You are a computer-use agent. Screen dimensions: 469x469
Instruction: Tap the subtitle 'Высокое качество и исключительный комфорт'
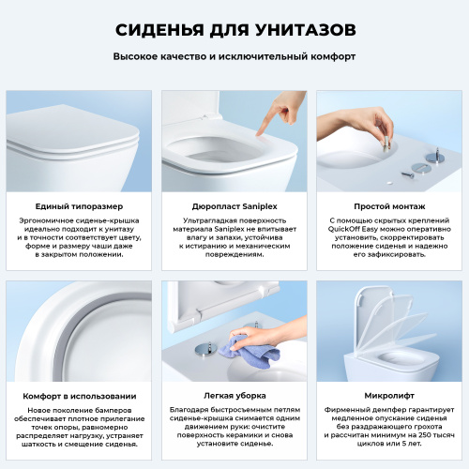click(234, 56)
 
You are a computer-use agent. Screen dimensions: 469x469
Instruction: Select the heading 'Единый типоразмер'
click(79, 205)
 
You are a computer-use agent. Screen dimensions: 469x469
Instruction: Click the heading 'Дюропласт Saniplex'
click(234, 205)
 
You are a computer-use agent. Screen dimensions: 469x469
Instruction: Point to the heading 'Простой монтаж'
click(389, 205)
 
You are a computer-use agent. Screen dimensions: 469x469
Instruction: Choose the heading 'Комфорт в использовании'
click(79, 396)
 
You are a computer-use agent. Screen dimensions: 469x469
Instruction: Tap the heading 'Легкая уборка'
click(234, 396)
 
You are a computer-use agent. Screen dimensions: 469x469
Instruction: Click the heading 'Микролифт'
click(389, 396)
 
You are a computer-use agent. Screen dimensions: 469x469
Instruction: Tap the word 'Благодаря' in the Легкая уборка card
click(191, 412)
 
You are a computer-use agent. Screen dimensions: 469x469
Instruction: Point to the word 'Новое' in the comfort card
click(44, 412)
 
